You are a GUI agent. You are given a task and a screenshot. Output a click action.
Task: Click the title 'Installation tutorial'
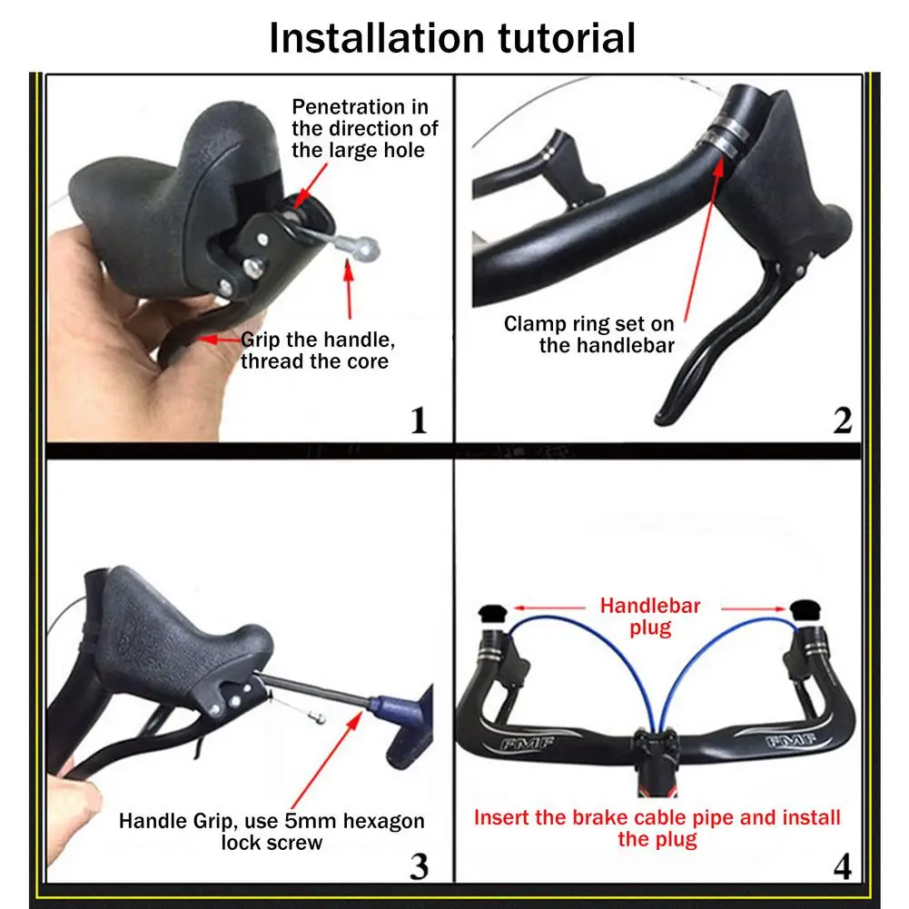coord(452,38)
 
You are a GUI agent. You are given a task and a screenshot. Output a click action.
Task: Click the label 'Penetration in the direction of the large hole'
coord(360,129)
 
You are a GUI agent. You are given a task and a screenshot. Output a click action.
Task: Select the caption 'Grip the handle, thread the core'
coord(314,351)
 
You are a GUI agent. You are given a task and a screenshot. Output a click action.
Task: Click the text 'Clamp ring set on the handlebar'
coord(588,334)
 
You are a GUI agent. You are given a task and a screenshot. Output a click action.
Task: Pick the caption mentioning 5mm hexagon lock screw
coord(272,831)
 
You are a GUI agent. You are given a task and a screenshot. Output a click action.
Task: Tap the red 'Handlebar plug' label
coord(649,617)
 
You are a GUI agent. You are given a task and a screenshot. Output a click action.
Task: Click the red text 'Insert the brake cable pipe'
coord(657,827)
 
